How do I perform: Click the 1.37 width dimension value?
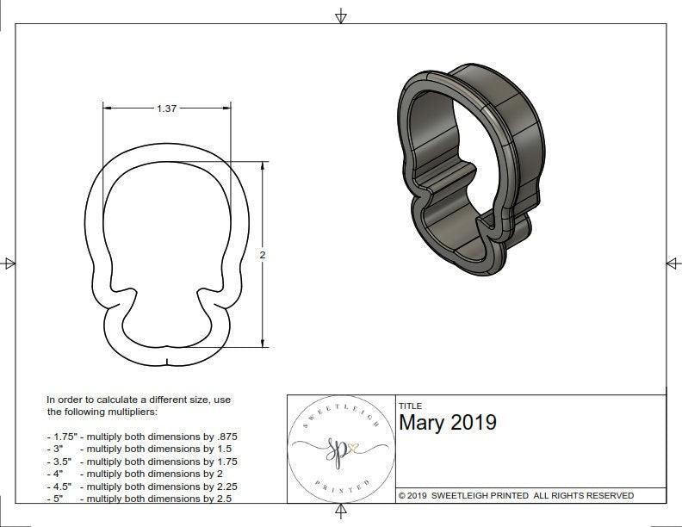[167, 108]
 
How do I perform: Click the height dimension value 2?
[263, 255]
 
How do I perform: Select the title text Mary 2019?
[447, 423]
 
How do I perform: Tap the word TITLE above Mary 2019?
[410, 406]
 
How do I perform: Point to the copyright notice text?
[516, 495]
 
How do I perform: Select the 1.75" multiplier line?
[141, 437]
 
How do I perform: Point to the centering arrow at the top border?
[341, 16]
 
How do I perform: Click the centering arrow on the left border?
[9, 263]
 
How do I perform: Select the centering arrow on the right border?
[673, 263]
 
